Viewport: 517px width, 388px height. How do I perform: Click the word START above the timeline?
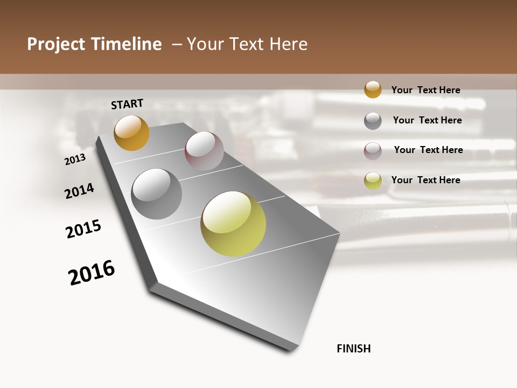click(127, 104)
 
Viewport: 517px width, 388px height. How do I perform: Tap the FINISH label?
click(354, 349)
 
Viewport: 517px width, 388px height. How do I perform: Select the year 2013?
click(75, 159)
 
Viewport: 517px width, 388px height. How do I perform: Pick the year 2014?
click(79, 191)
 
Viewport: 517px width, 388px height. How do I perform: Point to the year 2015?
click(83, 229)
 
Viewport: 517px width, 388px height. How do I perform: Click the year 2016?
click(92, 273)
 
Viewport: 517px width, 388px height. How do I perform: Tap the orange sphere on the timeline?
click(131, 133)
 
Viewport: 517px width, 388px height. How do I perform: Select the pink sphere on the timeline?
click(204, 151)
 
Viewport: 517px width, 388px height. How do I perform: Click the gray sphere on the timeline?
click(157, 194)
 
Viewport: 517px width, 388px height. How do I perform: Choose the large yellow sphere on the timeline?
click(233, 224)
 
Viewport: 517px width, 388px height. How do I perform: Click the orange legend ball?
click(373, 89)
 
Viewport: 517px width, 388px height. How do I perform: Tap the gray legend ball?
click(373, 120)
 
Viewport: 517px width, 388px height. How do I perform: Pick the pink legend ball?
click(373, 150)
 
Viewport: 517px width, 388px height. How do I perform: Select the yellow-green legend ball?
click(373, 181)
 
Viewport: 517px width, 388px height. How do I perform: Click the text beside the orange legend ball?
click(425, 90)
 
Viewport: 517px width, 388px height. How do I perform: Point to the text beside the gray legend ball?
click(427, 120)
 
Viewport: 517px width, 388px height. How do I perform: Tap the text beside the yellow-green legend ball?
click(425, 180)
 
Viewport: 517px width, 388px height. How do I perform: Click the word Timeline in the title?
click(127, 44)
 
